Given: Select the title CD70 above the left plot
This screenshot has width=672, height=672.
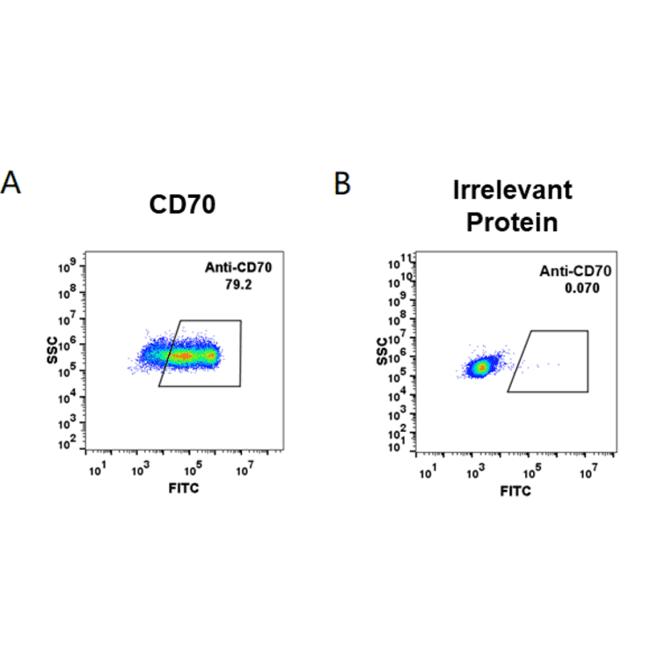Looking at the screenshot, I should click(x=182, y=205).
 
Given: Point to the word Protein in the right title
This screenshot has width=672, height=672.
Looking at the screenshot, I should click(x=512, y=223).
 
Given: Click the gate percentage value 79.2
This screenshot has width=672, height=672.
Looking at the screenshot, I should click(x=232, y=284).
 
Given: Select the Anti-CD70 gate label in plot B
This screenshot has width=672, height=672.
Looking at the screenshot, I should click(x=575, y=272).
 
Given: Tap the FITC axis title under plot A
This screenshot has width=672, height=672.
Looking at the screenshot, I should click(x=183, y=487).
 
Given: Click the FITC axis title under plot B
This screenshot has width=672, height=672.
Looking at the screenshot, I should click(x=515, y=491).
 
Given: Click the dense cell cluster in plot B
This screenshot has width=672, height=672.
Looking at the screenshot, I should click(x=480, y=366).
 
